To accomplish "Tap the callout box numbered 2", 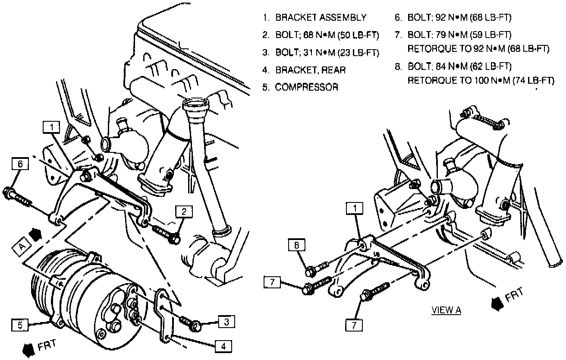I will tap(184, 211).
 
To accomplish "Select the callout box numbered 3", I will tap(226, 322).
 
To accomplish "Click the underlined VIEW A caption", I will tap(447, 310).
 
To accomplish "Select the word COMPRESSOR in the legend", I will tap(306, 87).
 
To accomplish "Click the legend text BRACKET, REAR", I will tap(310, 70).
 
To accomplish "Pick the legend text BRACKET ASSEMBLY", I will tap(321, 18).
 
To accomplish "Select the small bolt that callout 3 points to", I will tap(190, 322).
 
